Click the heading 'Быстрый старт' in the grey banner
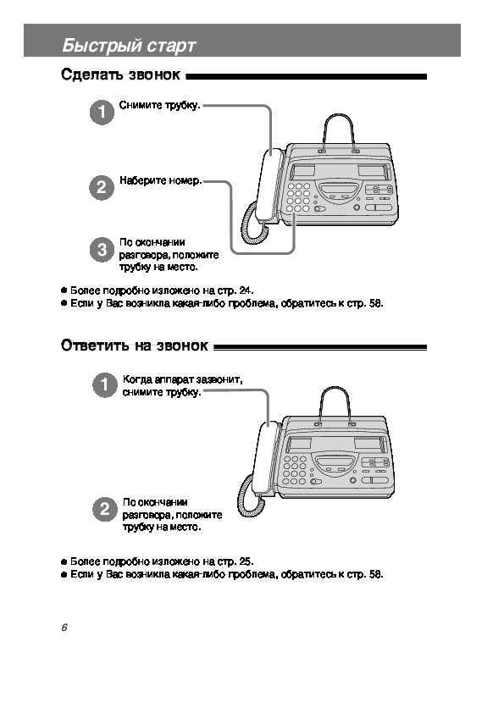point(129,46)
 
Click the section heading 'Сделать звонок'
point(120,75)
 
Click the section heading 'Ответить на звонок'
point(135,345)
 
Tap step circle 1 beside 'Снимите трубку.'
point(102,113)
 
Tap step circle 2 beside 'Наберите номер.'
point(102,187)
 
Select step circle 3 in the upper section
point(102,250)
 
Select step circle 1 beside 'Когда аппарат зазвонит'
point(105,385)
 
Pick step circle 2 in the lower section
point(105,509)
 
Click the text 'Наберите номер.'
point(161,180)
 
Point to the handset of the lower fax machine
point(266,458)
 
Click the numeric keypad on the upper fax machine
point(298,197)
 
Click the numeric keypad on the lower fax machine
point(295,470)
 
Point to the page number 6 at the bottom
point(64,627)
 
